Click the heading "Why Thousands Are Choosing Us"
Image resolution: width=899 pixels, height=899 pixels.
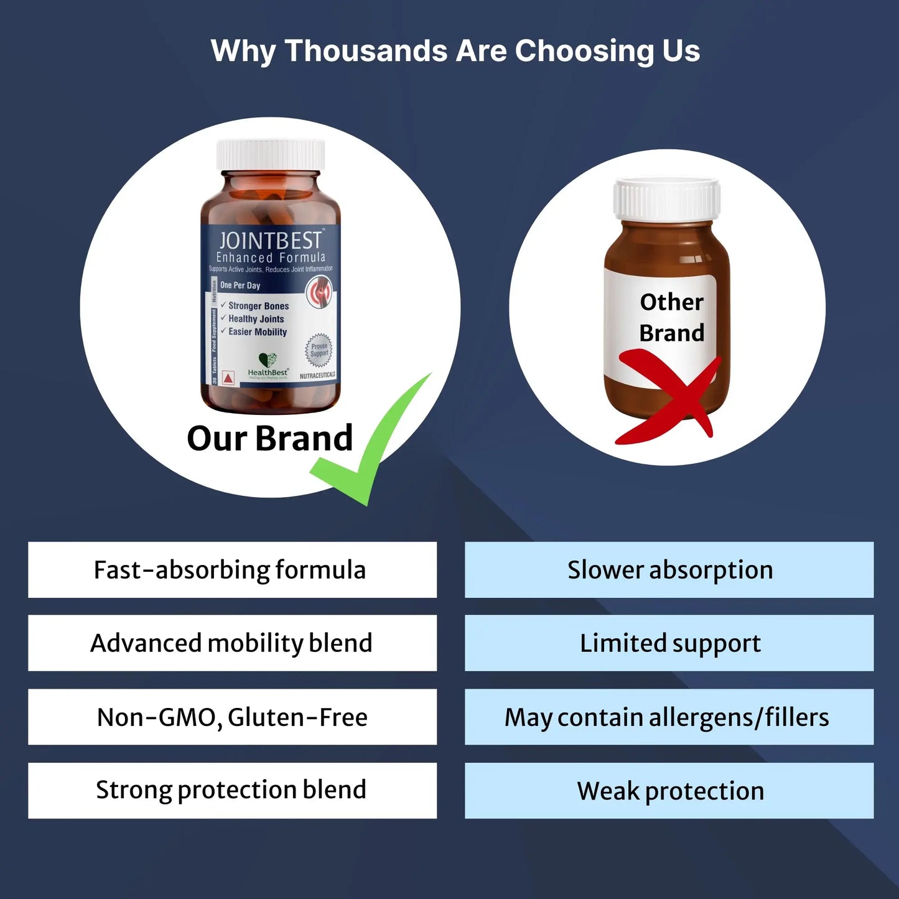click(455, 51)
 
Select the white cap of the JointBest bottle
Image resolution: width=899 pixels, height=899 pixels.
click(271, 154)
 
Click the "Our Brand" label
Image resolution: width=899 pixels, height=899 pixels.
click(269, 439)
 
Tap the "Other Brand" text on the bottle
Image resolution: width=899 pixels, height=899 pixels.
click(672, 317)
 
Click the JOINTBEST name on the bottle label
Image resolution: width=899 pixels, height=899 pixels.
click(270, 241)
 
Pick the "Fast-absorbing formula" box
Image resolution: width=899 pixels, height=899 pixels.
click(232, 570)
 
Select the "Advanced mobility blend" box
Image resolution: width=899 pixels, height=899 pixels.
click(232, 643)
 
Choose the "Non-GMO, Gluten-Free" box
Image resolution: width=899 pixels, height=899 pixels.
click(232, 717)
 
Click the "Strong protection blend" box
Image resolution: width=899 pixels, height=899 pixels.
click(232, 790)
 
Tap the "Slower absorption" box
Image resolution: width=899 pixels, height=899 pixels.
click(669, 570)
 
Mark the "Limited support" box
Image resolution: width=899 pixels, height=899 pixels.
click(669, 643)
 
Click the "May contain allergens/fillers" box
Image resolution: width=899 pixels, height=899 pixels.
click(669, 717)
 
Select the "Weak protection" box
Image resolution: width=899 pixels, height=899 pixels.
click(669, 790)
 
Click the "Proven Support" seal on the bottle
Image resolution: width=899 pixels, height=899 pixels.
click(319, 350)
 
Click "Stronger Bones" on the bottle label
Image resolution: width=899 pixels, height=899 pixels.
click(258, 306)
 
